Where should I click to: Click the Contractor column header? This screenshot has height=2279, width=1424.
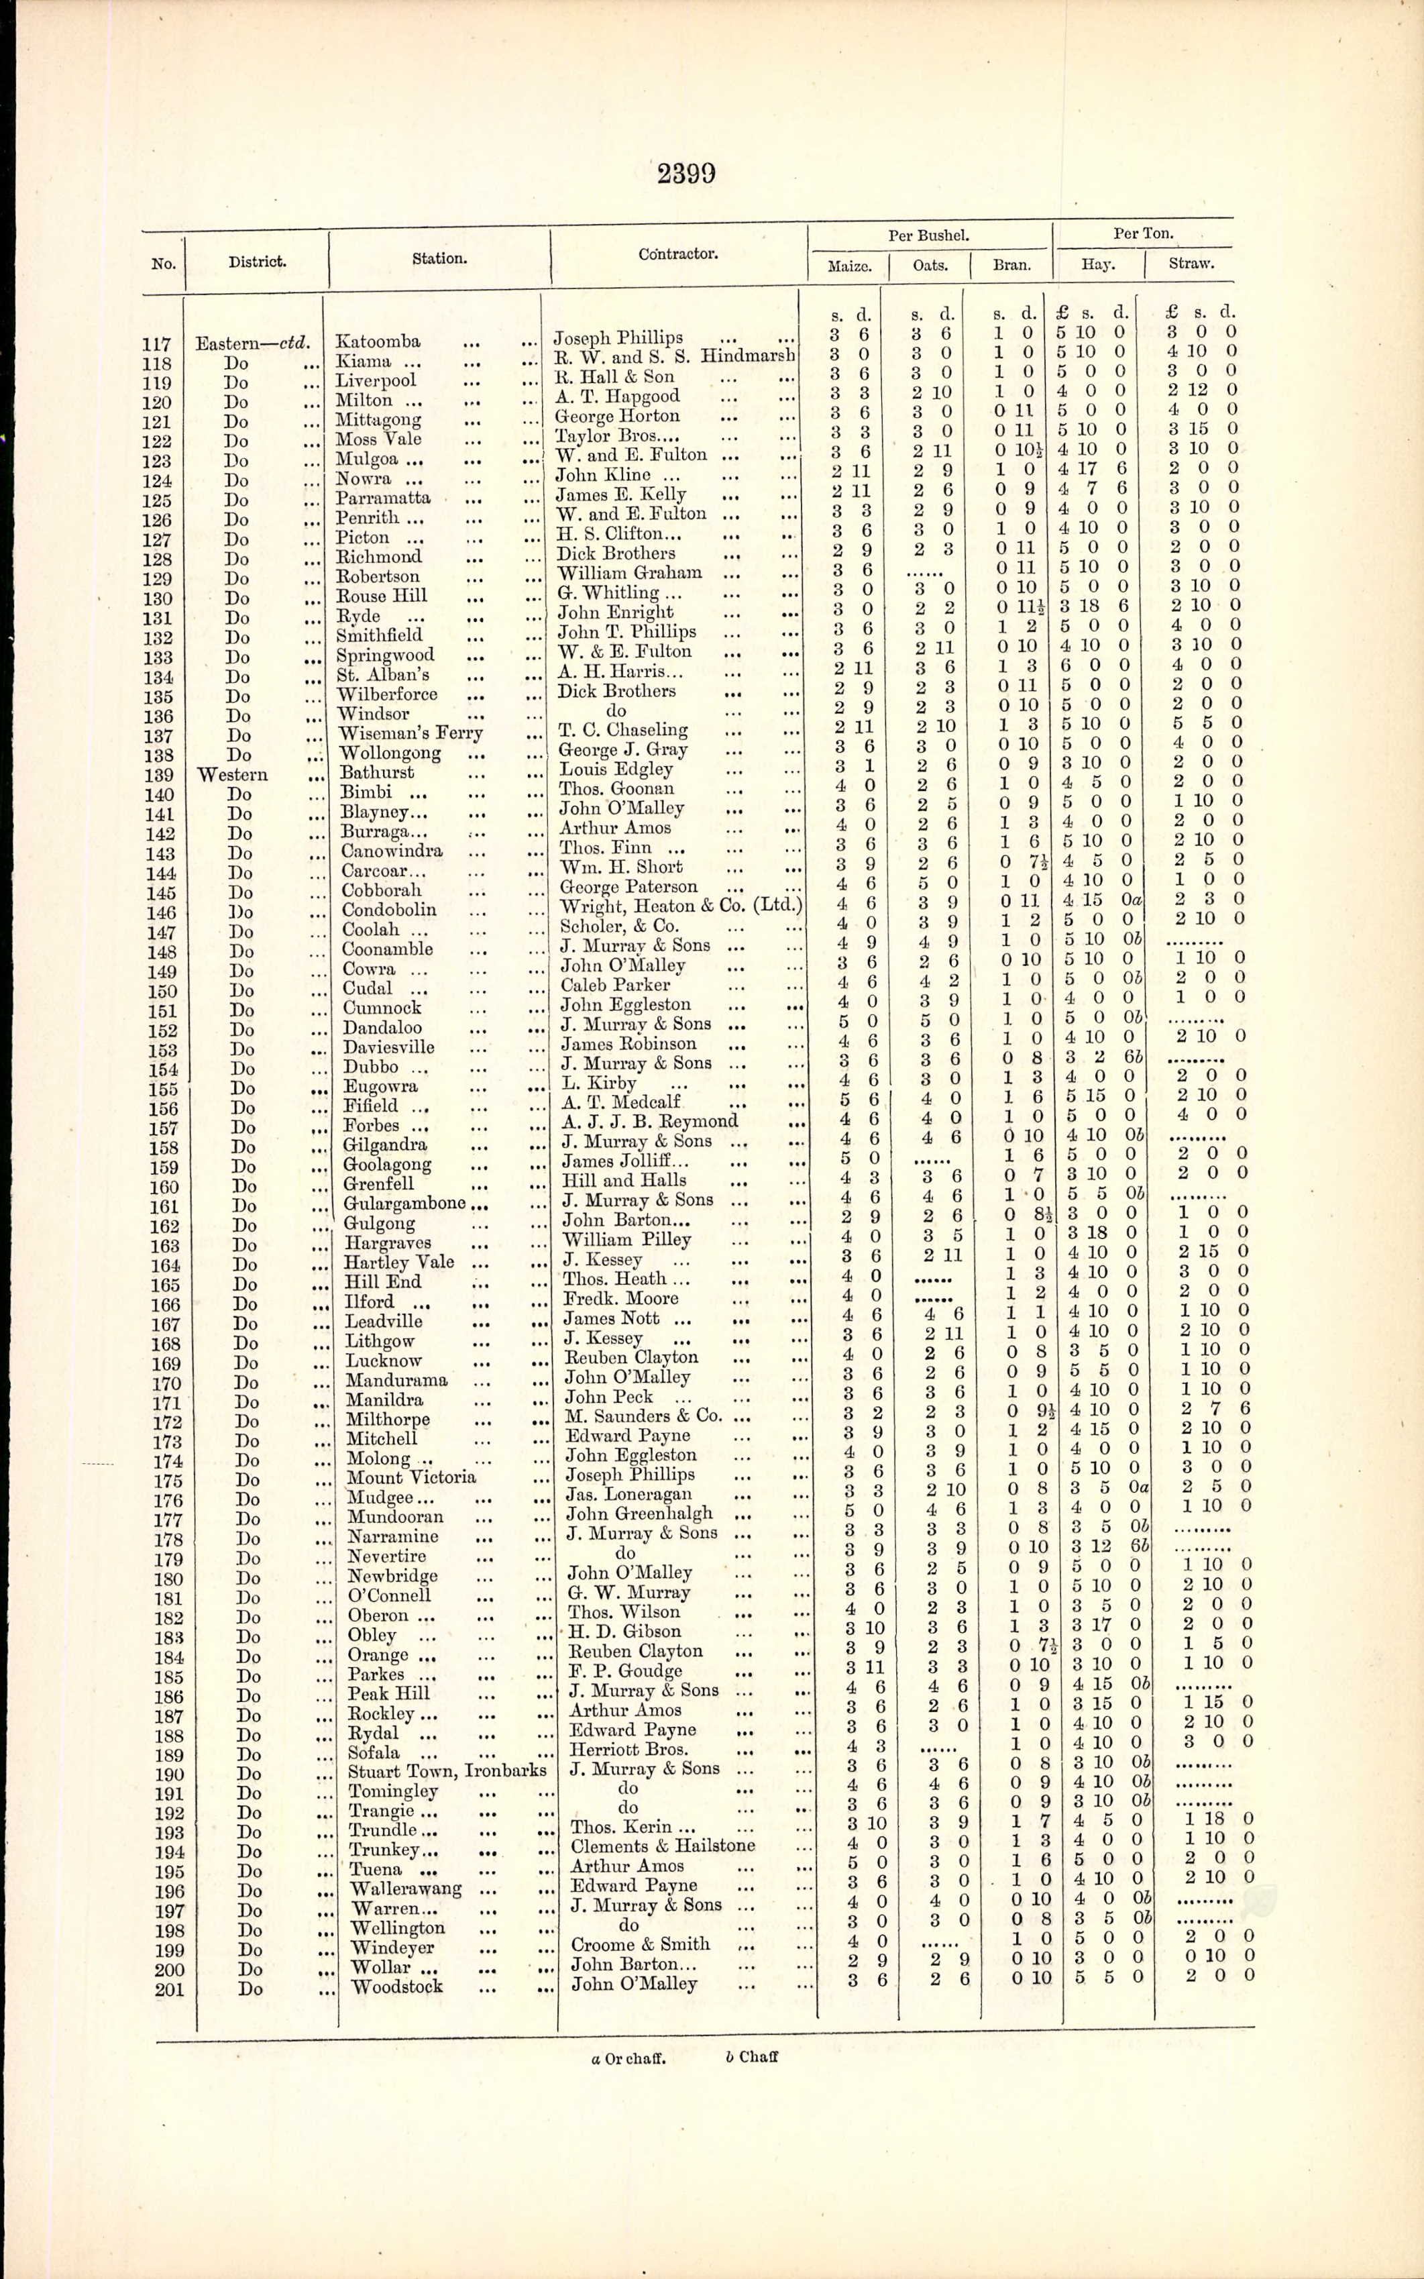point(677,254)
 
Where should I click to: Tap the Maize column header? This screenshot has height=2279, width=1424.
point(848,266)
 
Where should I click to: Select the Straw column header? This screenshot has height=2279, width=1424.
point(1191,264)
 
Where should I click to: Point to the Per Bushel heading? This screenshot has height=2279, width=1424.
point(928,236)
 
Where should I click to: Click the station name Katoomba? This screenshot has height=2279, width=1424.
point(378,342)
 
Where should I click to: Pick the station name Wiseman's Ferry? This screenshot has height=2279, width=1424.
point(410,733)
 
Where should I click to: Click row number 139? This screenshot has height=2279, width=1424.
point(159,775)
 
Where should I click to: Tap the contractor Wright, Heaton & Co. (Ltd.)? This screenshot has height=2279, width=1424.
point(681,906)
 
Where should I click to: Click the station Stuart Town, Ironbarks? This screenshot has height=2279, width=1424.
point(447,1770)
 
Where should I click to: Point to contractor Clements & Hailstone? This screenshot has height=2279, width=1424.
point(662,1846)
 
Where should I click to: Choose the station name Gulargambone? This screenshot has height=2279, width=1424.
point(404,1203)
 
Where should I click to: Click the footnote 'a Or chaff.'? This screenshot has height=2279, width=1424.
point(628,2058)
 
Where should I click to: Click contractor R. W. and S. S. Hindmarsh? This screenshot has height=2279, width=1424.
point(674,357)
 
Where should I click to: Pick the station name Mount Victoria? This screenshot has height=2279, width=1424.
point(412,1477)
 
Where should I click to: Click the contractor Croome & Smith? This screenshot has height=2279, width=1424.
point(641,1944)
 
